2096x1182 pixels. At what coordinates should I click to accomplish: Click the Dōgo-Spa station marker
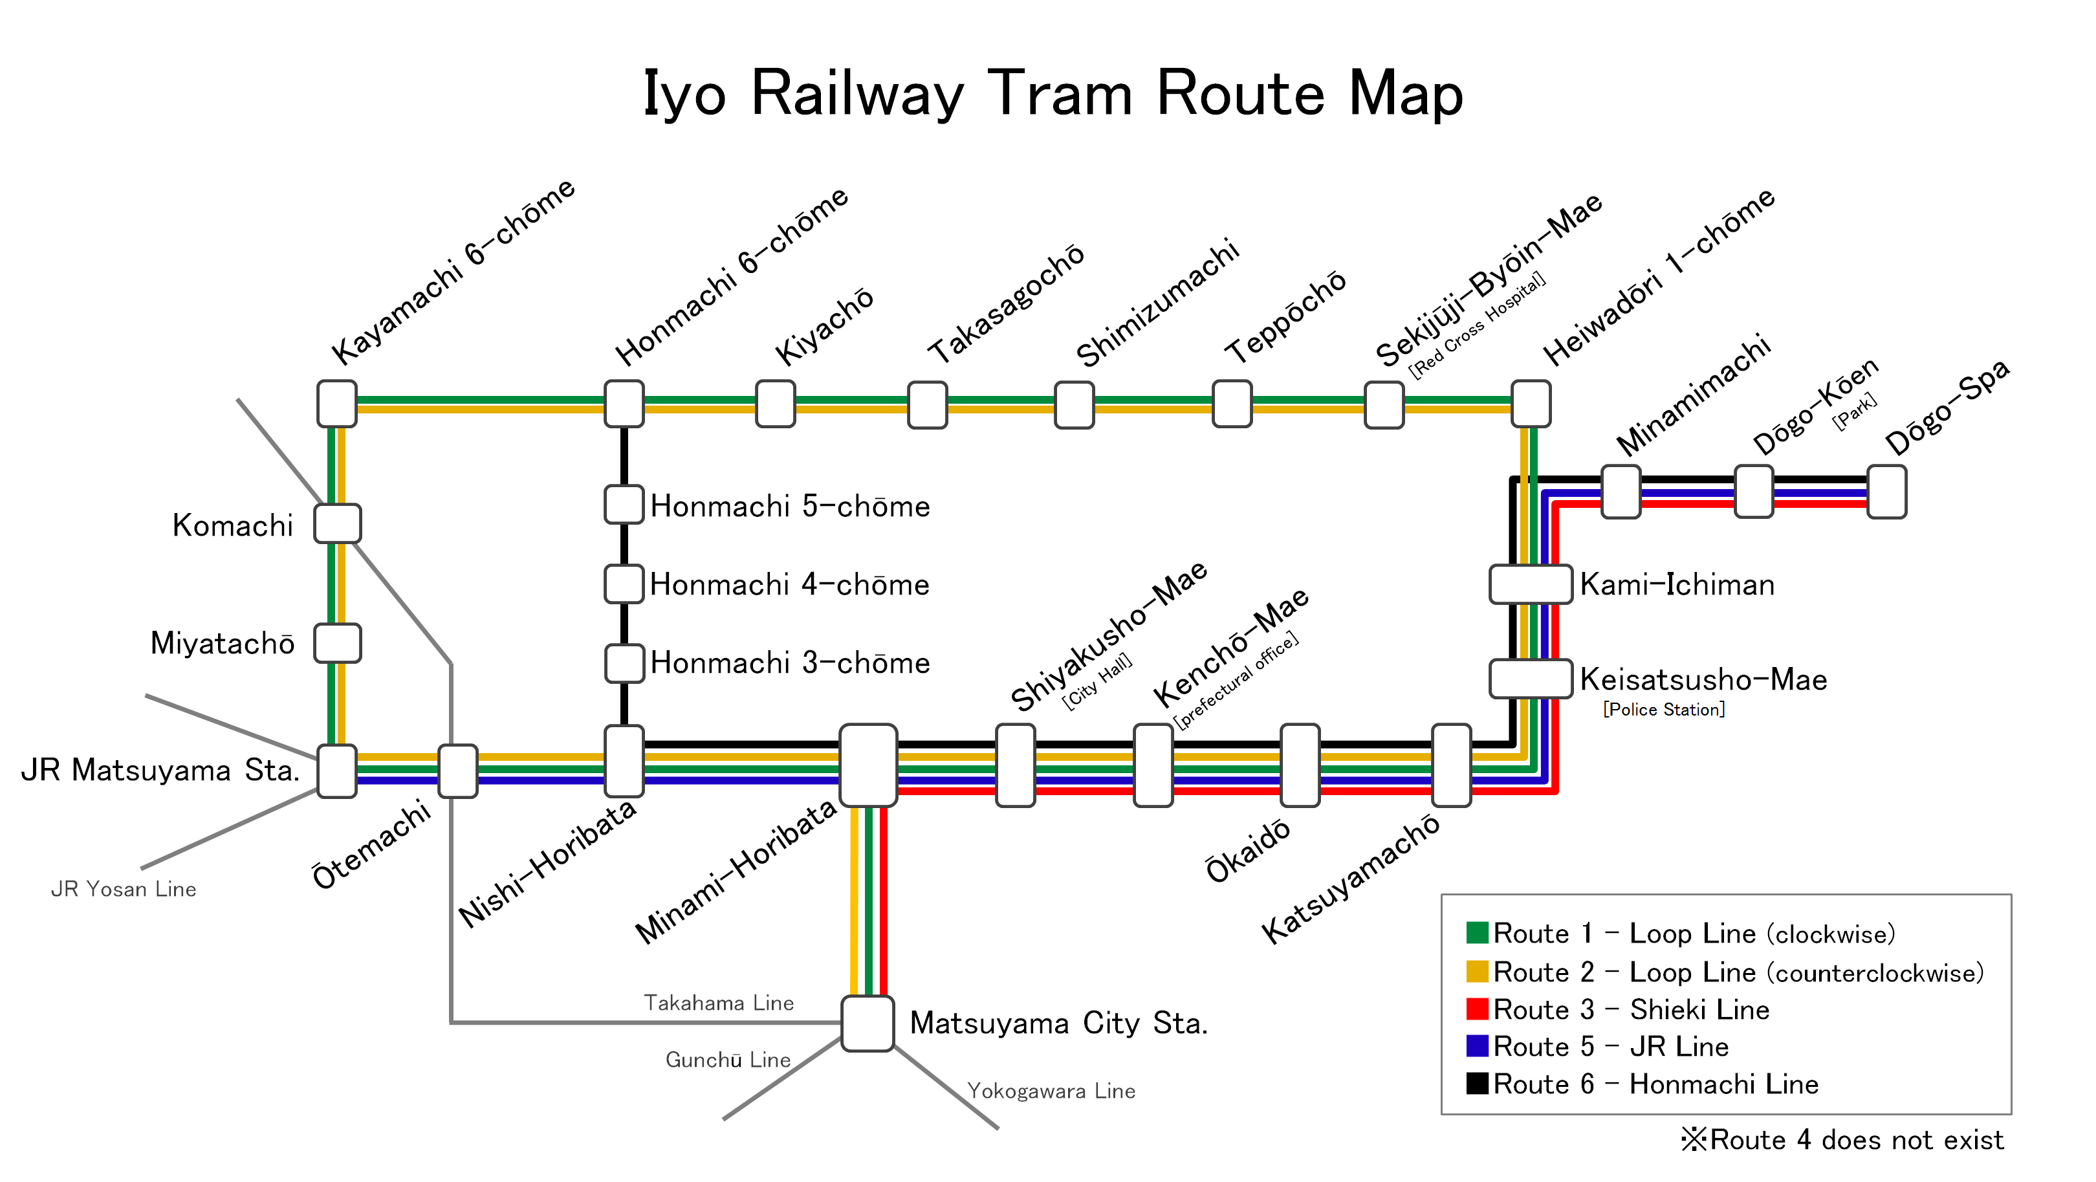pos(1885,491)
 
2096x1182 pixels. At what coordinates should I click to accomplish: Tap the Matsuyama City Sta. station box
pos(868,1023)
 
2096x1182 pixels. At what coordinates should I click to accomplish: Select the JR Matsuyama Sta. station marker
pos(337,771)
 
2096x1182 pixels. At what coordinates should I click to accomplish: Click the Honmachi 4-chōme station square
pos(624,584)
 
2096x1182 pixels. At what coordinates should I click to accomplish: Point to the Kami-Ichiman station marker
pos(1530,584)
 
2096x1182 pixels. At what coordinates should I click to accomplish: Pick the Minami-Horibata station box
pos(868,765)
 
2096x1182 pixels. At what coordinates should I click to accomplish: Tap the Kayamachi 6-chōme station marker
pos(337,404)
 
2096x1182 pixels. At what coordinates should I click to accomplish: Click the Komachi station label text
pos(233,525)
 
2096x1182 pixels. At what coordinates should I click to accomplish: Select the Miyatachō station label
pos(222,644)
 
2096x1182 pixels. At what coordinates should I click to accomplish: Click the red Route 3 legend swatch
pos(1477,1009)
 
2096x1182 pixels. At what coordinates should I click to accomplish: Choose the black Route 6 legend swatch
pos(1477,1084)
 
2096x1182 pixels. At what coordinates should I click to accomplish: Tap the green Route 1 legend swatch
pos(1477,932)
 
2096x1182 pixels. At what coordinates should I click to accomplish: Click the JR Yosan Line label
pos(124,889)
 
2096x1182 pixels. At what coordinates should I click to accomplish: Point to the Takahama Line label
pos(719,1002)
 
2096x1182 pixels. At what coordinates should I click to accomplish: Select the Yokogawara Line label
pos(1051,1091)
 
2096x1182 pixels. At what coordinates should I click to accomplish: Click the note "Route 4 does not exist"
pos(1843,1140)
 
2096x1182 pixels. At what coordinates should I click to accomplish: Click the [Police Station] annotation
pos(1664,709)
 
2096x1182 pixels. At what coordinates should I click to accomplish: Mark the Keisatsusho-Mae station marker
pos(1530,679)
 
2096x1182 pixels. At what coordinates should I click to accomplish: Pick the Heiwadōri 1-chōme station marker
pos(1531,404)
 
